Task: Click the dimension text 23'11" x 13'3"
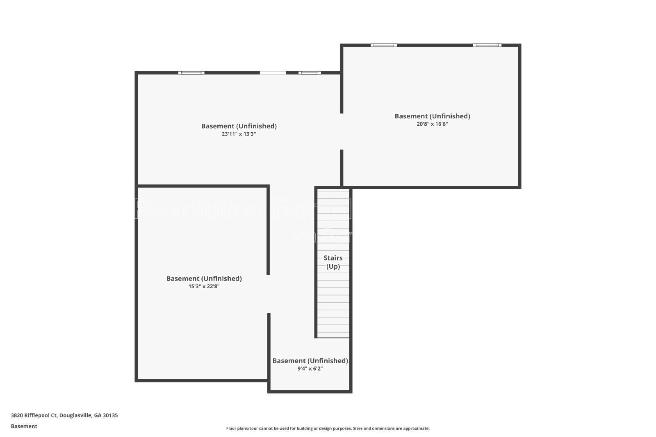239,134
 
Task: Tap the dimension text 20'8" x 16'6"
432,124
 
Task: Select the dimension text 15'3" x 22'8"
204,287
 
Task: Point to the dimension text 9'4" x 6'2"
310,369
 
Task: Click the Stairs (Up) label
333,262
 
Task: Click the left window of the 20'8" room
384,45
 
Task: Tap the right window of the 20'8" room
487,45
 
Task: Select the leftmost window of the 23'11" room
191,73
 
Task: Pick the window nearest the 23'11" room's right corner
310,73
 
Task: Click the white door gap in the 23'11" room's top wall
273,73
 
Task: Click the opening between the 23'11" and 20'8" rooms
342,131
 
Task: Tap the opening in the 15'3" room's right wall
269,294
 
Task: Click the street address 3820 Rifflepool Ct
34,415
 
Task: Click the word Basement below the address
24,426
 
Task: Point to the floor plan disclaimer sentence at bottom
328,428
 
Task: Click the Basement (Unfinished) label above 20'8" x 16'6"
432,116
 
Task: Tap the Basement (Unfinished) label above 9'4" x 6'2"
310,361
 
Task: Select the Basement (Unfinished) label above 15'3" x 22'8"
204,279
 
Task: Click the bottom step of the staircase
333,335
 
